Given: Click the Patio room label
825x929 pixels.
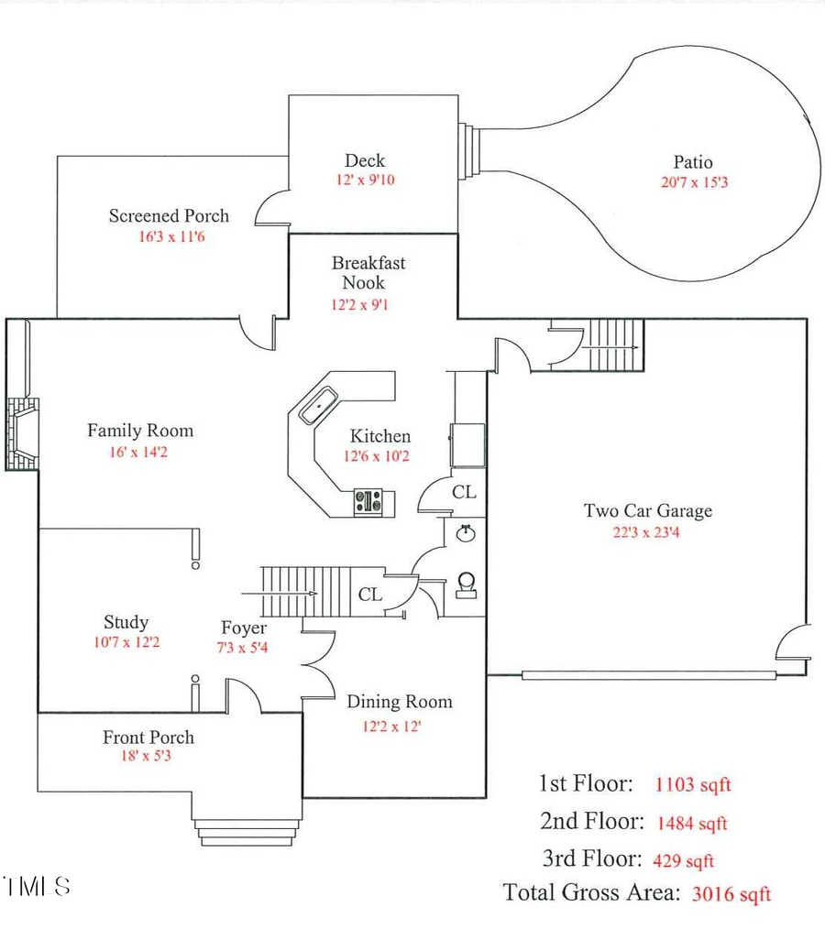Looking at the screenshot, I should (x=692, y=162).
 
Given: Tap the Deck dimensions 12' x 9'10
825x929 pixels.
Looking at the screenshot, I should (x=364, y=180).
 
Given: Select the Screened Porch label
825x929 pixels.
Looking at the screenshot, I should (x=169, y=216).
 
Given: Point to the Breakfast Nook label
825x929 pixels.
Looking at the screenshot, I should (x=368, y=273).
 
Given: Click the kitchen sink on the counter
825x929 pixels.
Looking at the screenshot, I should (x=319, y=404).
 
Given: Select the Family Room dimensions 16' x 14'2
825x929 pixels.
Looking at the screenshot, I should (x=139, y=451).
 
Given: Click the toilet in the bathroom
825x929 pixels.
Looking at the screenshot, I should (x=467, y=585).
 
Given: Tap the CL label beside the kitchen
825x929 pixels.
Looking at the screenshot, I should (x=464, y=493).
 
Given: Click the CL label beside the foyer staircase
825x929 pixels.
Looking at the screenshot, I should (x=370, y=595).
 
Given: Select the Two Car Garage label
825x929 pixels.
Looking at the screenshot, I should (x=647, y=511).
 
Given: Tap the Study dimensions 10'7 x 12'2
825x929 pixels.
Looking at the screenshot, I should (x=126, y=642).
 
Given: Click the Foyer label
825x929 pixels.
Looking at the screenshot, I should (x=244, y=628).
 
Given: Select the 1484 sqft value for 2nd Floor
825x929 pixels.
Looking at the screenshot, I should (x=692, y=823).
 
